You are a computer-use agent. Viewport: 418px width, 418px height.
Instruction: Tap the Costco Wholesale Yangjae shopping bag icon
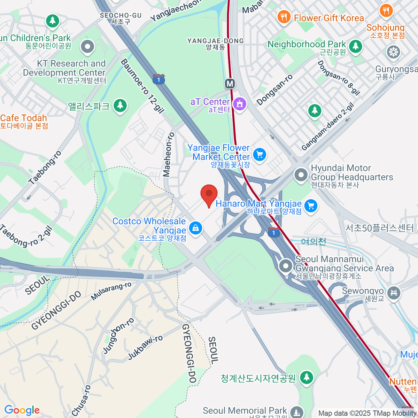(x=195, y=228)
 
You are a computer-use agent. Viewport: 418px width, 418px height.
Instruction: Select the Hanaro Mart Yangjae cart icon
(x=311, y=206)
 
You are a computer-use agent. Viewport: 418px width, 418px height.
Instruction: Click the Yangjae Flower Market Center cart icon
(x=260, y=154)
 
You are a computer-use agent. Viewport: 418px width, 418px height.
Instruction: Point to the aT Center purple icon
(x=240, y=103)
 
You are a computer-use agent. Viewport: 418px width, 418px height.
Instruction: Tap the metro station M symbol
(x=230, y=84)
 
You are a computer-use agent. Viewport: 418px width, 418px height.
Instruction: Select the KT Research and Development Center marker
(x=87, y=46)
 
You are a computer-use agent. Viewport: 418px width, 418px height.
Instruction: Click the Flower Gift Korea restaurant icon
(x=284, y=16)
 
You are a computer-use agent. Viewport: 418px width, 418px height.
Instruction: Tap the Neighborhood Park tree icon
(x=355, y=46)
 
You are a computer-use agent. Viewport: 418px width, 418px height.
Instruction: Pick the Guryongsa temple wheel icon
(x=393, y=52)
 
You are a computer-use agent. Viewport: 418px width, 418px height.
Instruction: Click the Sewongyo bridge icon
(x=394, y=292)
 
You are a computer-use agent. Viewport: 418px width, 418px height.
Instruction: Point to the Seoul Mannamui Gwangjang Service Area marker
(x=286, y=266)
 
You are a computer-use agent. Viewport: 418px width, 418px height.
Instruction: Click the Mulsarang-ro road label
(x=111, y=291)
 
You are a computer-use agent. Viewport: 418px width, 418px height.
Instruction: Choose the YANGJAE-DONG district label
(x=215, y=41)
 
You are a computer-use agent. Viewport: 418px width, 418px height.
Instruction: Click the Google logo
(x=22, y=410)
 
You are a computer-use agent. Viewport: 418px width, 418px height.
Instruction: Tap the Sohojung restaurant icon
(x=386, y=10)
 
